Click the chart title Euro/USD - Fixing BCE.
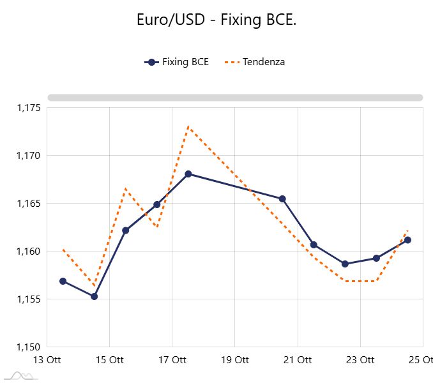(216, 20)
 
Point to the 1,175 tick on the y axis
(29, 108)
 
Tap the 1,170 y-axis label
(29, 156)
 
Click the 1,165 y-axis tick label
(29, 204)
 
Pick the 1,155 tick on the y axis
(29, 299)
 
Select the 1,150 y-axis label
(29, 347)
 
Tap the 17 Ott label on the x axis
(172, 360)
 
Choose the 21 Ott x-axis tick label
(298, 360)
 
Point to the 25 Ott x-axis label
(420, 360)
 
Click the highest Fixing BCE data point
(188, 174)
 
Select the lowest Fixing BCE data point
(95, 296)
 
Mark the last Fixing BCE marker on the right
(408, 240)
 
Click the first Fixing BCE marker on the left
(63, 281)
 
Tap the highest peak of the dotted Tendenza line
(188, 126)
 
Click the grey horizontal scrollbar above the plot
(235, 98)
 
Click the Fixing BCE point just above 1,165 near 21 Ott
(282, 199)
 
